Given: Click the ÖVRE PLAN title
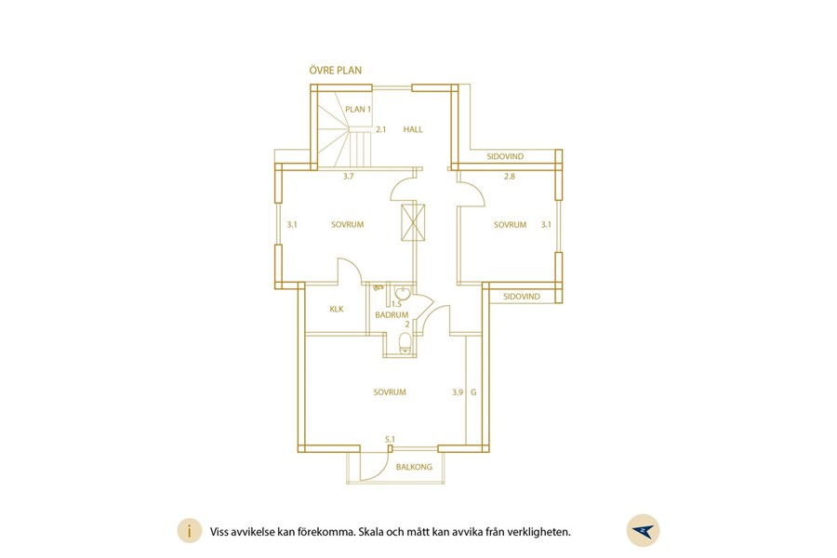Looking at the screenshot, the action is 335,71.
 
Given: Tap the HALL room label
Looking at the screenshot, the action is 413,129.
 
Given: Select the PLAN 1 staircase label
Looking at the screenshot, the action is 358,110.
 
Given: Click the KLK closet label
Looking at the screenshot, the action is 337,309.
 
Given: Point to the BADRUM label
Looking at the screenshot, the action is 392,315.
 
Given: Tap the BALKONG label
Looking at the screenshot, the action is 414,467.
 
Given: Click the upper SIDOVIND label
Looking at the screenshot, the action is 505,156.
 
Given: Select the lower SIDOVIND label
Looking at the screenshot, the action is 522,297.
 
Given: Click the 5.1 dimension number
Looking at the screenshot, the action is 391,440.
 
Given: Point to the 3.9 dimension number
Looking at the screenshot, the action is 458,392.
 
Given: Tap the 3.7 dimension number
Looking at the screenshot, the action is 348,176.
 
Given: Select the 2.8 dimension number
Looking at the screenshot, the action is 510,176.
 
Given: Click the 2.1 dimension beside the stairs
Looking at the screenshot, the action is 380,129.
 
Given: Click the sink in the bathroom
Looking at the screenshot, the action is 402,293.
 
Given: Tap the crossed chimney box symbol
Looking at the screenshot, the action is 413,222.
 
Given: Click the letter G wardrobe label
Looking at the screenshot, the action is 473,392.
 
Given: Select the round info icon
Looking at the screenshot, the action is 190,531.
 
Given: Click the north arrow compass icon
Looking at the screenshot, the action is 643,530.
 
